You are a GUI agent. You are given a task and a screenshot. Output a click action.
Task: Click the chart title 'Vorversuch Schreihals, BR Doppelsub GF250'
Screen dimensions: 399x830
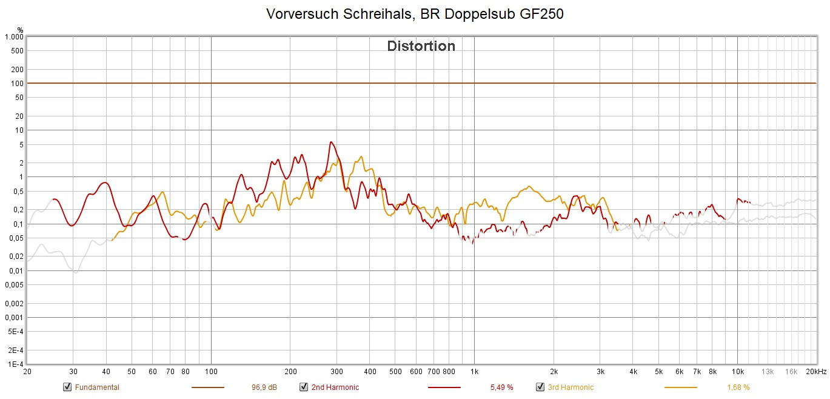pyautogui.click(x=415, y=14)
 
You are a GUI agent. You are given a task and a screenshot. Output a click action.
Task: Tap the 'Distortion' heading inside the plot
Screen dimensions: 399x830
pyautogui.click(x=421, y=46)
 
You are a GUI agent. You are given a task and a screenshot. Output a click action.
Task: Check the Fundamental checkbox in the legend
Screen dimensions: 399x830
pyautogui.click(x=67, y=387)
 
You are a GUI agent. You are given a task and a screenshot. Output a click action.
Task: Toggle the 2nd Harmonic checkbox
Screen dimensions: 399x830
pyautogui.click(x=303, y=387)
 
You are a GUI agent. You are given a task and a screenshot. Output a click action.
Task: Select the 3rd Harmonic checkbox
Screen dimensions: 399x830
pyautogui.click(x=540, y=387)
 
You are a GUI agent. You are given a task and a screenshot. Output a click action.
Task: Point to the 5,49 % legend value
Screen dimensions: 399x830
pyautogui.click(x=501, y=387)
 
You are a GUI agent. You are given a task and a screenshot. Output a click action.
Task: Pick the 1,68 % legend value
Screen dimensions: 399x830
pyautogui.click(x=738, y=387)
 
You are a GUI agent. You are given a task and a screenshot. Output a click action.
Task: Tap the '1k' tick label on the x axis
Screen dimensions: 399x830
pyautogui.click(x=474, y=372)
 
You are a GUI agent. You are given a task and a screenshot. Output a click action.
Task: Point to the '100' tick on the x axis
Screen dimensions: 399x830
pyautogui.click(x=211, y=372)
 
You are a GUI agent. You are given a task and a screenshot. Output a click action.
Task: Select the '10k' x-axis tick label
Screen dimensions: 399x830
pyautogui.click(x=737, y=372)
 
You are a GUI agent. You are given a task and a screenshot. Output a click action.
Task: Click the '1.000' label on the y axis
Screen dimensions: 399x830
pyautogui.click(x=14, y=37)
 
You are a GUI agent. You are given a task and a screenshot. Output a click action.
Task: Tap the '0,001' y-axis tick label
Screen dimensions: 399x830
pyautogui.click(x=14, y=318)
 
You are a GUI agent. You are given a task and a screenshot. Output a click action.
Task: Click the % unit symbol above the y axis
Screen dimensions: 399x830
pyautogui.click(x=20, y=29)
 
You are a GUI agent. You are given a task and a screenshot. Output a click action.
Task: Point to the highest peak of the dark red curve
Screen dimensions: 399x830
pyautogui.click(x=330, y=142)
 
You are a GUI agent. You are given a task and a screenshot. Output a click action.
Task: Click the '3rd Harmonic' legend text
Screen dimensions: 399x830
pyautogui.click(x=571, y=387)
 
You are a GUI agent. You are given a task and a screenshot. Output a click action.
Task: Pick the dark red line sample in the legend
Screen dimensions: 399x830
pyautogui.click(x=444, y=387)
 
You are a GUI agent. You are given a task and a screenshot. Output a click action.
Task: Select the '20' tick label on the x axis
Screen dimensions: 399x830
pyautogui.click(x=27, y=372)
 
